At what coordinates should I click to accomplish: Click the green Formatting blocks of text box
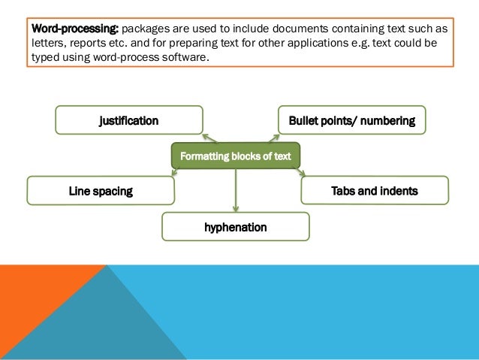click(236, 156)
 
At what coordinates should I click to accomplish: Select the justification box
click(129, 120)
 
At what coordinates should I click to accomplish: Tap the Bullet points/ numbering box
click(351, 120)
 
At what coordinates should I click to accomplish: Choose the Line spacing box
click(101, 191)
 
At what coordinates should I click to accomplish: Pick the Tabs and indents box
click(375, 191)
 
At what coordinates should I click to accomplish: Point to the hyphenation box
click(236, 226)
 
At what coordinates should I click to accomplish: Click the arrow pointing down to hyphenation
click(236, 191)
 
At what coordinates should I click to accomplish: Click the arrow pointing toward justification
click(209, 138)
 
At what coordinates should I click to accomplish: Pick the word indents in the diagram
click(398, 191)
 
